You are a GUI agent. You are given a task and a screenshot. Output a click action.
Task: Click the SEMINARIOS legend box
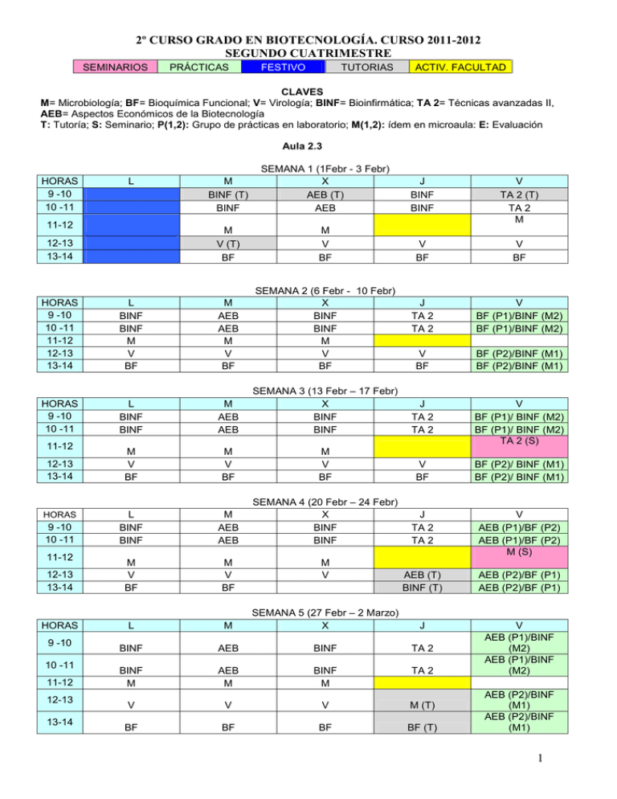point(113,67)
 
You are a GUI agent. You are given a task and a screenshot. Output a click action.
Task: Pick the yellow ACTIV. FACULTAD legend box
point(460,67)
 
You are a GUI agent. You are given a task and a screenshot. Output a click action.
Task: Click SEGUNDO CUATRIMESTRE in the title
point(308,51)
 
